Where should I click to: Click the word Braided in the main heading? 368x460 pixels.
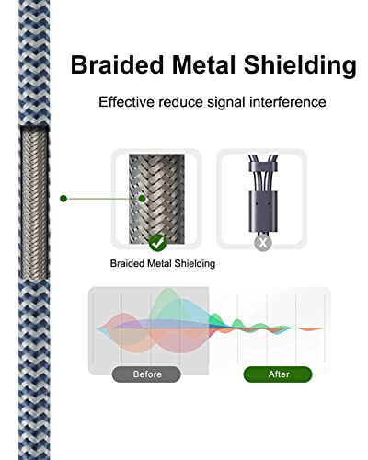point(117,64)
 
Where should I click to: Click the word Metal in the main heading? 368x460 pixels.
point(203,64)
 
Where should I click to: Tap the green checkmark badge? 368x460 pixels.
point(157,243)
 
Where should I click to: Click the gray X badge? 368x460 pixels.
point(263,243)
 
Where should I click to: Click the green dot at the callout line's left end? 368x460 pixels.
point(63,199)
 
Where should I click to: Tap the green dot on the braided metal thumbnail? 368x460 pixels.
point(142,199)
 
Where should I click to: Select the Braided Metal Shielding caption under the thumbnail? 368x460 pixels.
point(163,263)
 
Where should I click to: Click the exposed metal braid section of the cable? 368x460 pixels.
point(34,203)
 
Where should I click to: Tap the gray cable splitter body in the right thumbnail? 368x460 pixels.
point(263,212)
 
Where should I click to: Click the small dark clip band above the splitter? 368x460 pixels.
point(263,167)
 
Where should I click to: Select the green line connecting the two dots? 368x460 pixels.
point(103,199)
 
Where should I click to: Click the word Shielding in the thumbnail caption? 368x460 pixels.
point(195,264)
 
